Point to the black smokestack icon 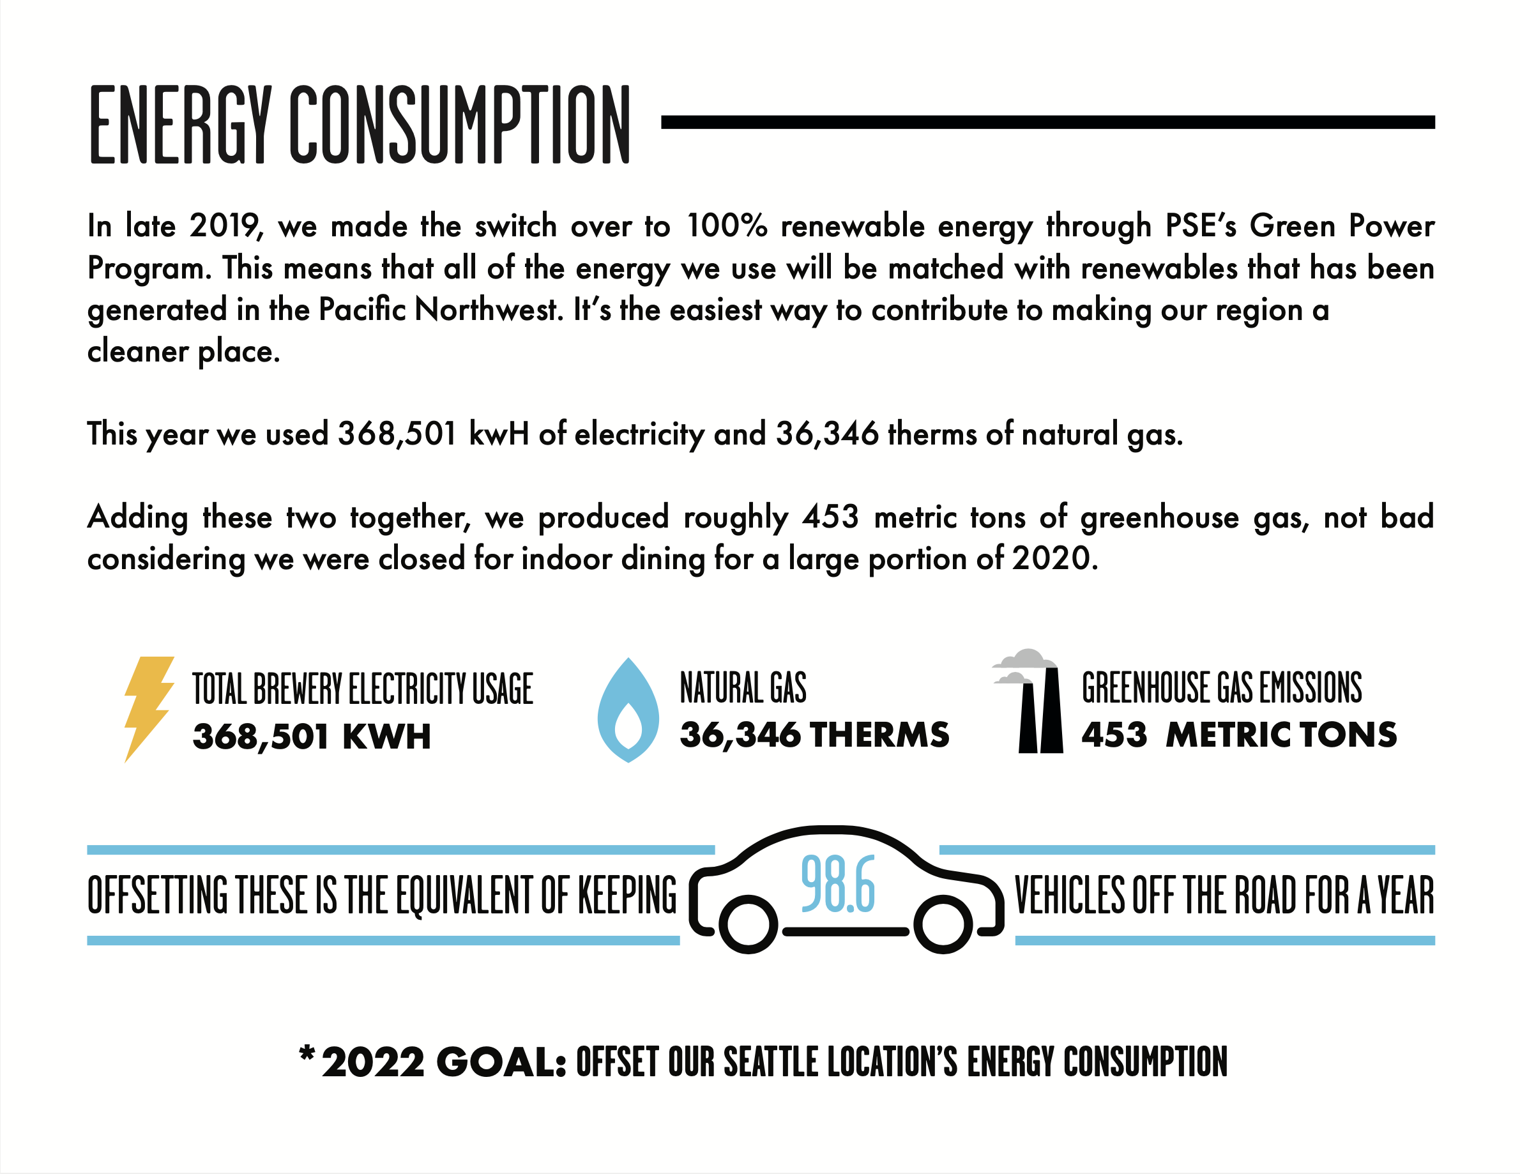coord(1040,710)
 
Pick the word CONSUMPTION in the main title coord(459,125)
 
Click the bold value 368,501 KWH coord(312,736)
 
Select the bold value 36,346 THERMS coord(814,735)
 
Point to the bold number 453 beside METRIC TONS coord(1114,735)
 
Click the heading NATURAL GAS coord(743,689)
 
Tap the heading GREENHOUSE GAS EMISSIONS coord(1221,689)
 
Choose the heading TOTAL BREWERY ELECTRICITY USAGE coord(363,689)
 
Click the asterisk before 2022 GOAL coord(306,1056)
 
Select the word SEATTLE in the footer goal coord(770,1063)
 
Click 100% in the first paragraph coord(726,226)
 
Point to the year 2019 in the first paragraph coord(225,226)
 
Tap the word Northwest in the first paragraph coord(487,310)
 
